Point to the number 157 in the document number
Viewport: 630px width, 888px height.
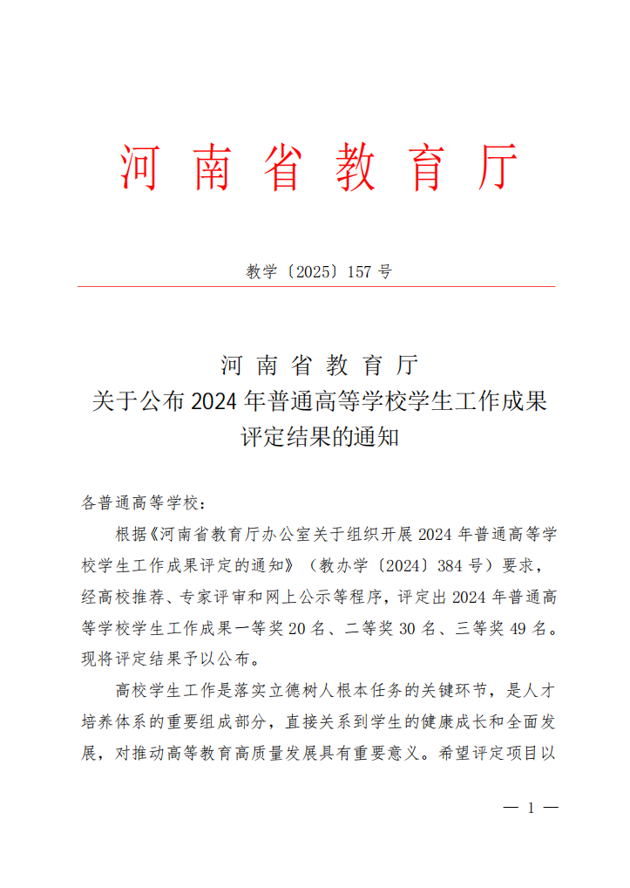pyautogui.click(x=360, y=271)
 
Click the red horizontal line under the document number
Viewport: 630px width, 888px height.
pyautogui.click(x=316, y=286)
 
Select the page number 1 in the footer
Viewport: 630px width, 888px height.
pyautogui.click(x=532, y=808)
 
